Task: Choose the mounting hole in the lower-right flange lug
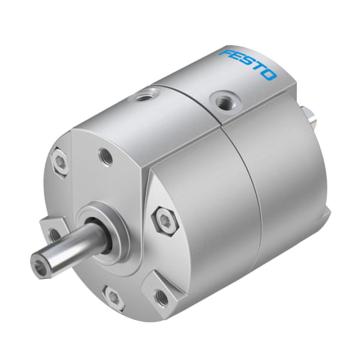pyautogui.click(x=159, y=297)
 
